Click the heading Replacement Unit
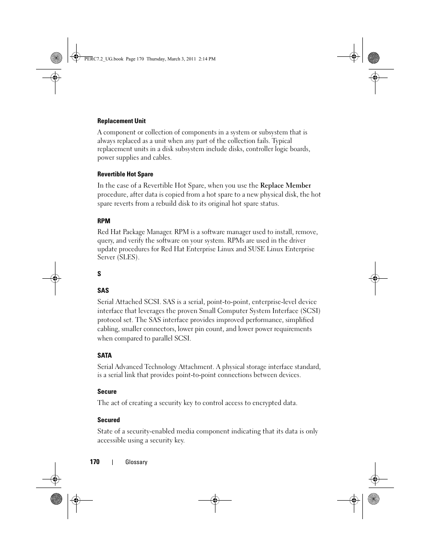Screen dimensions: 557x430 point(121,121)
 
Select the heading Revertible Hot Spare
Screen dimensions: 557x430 point(125,174)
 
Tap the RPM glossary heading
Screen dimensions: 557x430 point(104,221)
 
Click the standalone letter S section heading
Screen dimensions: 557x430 point(99,274)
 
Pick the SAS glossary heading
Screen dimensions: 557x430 point(103,290)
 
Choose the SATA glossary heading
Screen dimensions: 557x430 point(105,355)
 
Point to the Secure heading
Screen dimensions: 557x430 point(107,391)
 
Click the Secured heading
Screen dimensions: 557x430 point(109,420)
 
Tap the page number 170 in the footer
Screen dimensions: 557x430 point(94,462)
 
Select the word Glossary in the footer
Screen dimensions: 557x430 point(136,462)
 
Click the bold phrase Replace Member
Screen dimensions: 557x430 point(285,185)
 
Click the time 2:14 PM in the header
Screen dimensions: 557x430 point(207,59)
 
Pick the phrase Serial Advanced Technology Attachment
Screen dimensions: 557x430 point(155,367)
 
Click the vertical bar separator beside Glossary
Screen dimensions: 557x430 point(112,462)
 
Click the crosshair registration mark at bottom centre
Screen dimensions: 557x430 point(215,500)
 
